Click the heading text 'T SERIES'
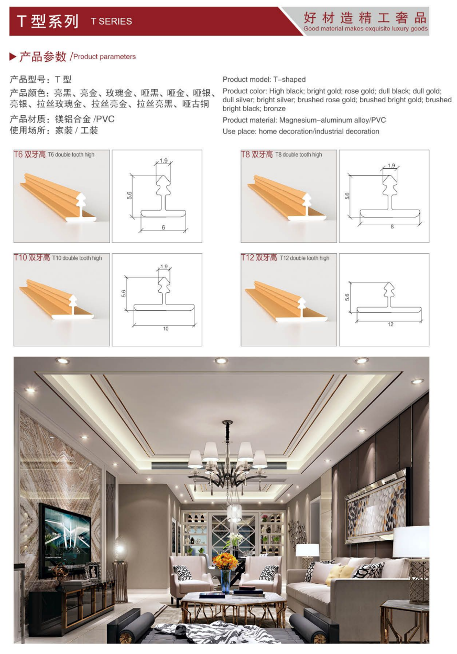[x=111, y=21]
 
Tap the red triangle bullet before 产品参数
[x=13, y=57]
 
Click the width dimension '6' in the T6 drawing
[x=163, y=227]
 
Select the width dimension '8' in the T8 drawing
[x=392, y=226]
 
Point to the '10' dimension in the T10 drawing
[x=166, y=329]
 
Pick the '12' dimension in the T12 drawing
[x=391, y=324]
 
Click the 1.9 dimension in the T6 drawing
[x=164, y=160]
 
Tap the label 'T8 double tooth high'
[x=298, y=155]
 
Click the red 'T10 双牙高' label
[x=32, y=257]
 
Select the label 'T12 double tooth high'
[x=304, y=258]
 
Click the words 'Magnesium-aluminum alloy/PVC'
[x=332, y=120]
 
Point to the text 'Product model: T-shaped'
[x=264, y=80]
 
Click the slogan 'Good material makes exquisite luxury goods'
[x=365, y=29]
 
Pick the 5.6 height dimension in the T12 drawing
[x=347, y=297]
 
